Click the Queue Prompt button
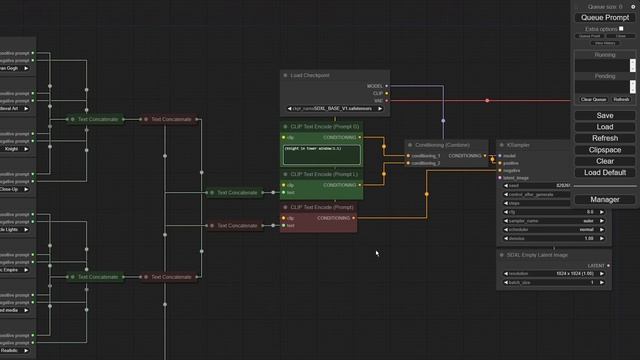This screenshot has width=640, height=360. coord(605,17)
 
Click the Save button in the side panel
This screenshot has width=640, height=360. coord(605,116)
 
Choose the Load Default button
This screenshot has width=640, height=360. coord(605,172)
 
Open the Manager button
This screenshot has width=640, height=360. coord(605,200)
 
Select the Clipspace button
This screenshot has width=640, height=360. coord(605,149)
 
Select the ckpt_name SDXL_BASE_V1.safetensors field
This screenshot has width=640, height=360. coord(335,107)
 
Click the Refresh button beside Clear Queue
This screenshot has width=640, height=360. coord(621,99)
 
